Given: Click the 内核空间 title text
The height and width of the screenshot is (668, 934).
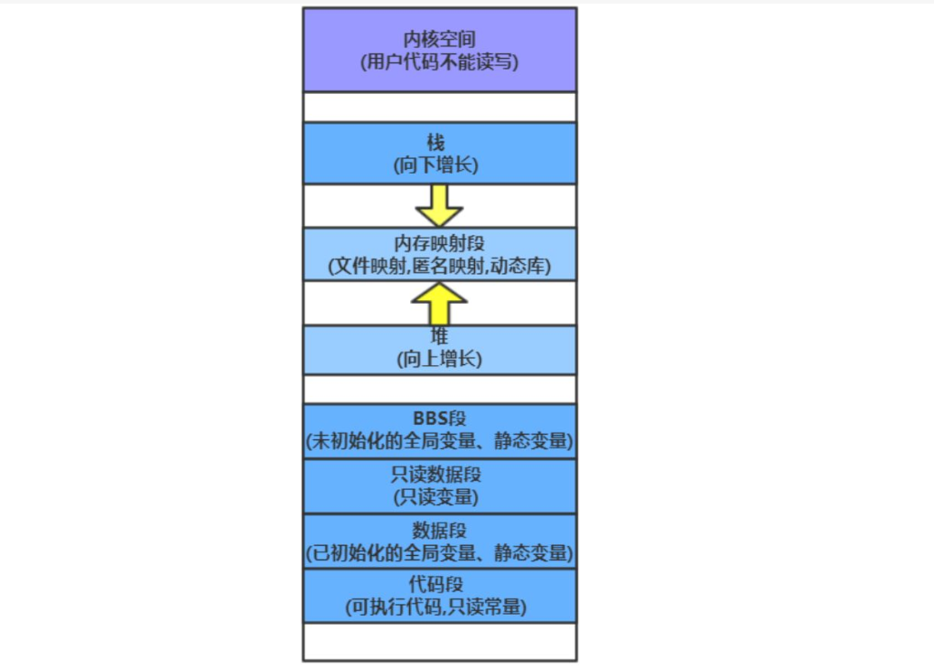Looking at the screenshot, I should click(x=439, y=39).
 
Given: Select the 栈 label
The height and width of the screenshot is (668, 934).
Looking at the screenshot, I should click(x=439, y=143).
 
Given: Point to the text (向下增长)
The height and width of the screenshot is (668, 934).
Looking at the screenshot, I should click(x=439, y=165).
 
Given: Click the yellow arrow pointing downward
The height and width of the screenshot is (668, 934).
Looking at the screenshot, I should click(x=439, y=206).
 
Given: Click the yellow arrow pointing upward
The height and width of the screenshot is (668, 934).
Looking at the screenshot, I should click(x=439, y=303).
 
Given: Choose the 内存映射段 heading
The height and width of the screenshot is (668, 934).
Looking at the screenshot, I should click(x=439, y=244).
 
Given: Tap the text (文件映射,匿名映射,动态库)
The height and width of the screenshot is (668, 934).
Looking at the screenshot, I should click(x=439, y=267).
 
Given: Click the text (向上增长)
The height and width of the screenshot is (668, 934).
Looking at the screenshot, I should click(x=439, y=359).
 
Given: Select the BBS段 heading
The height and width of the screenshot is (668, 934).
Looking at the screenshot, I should click(x=439, y=419).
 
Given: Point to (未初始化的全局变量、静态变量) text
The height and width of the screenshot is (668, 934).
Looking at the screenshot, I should click(x=439, y=442).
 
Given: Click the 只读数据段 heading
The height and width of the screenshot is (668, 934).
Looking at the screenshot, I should click(x=439, y=474).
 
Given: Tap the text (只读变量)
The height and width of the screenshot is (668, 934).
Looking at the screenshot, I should click(x=439, y=496).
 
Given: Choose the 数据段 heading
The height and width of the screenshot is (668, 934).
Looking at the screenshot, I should click(x=439, y=529).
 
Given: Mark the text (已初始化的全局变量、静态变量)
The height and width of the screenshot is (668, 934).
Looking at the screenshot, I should click(x=439, y=551).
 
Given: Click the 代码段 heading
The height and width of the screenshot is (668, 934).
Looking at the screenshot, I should click(x=439, y=584).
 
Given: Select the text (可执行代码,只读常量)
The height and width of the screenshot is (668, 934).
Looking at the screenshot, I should click(x=439, y=607).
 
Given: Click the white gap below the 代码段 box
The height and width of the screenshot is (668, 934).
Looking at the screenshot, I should click(x=439, y=642).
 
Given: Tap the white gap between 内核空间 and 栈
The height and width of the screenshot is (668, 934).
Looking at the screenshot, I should click(x=439, y=107).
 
